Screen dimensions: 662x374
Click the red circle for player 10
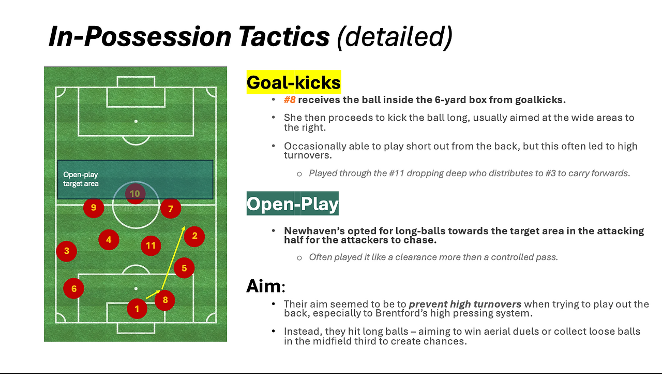pos(135,194)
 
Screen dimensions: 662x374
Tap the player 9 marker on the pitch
pos(94,208)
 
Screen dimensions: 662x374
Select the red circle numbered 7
pos(171,208)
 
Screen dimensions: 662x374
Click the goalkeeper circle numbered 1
pos(137,309)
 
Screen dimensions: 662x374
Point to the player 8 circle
pos(165,300)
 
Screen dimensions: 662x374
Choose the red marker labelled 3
pos(67,251)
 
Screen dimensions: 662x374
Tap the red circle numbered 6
pos(73,289)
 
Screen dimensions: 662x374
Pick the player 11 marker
pos(151,246)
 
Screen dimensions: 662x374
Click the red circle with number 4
pos(109,240)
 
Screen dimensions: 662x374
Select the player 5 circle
pos(184,268)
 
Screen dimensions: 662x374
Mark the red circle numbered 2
pos(194,236)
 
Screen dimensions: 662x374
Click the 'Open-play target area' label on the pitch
pos(81,179)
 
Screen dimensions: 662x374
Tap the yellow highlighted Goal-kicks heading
pos(294,82)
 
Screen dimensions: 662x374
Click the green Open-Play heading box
pos(293,204)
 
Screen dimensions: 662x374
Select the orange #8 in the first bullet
pos(290,99)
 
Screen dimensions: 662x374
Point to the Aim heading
pos(266,286)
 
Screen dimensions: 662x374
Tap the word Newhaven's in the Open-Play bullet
pos(314,231)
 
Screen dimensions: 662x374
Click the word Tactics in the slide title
pos(284,37)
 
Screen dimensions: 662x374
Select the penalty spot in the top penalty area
pos(136,121)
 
